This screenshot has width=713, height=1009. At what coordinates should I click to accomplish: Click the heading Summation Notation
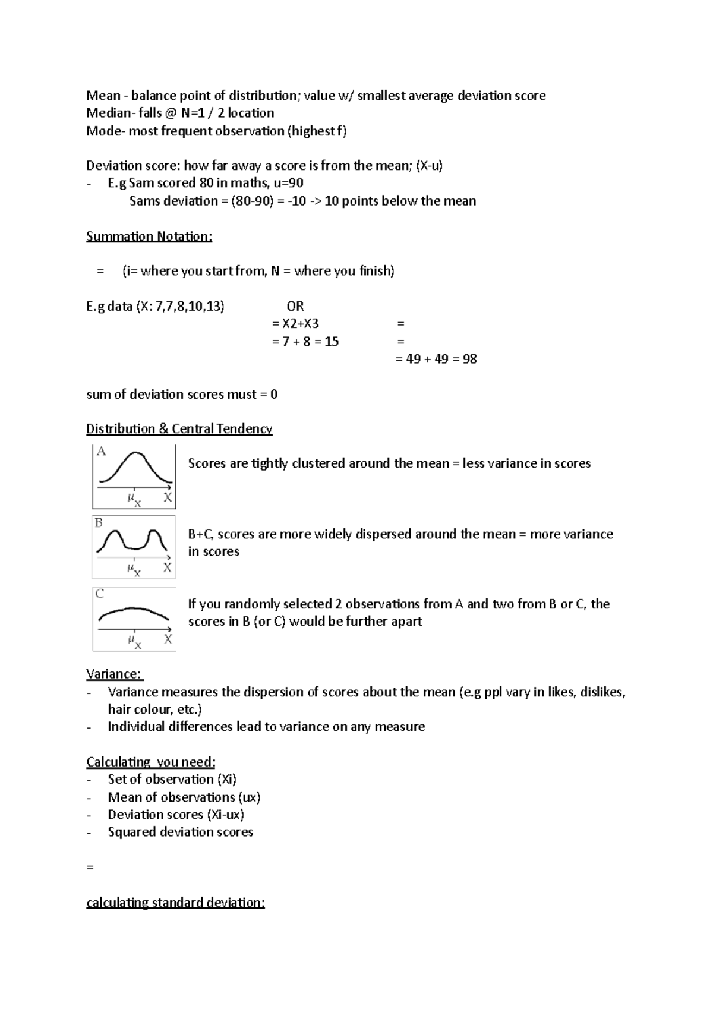pyautogui.click(x=149, y=237)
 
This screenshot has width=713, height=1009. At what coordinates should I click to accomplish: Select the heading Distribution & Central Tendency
pyautogui.click(x=179, y=429)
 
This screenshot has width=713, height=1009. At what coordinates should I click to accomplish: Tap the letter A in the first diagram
pyautogui.click(x=102, y=452)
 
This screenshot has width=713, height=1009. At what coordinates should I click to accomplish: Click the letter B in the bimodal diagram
pyautogui.click(x=99, y=523)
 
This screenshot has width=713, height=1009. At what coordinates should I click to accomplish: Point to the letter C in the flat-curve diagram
pyautogui.click(x=100, y=594)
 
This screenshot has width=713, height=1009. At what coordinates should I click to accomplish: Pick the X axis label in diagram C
pyautogui.click(x=168, y=639)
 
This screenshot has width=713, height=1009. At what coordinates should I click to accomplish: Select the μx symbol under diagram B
pyautogui.click(x=134, y=570)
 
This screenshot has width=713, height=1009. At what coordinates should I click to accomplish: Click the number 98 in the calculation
pyautogui.click(x=469, y=359)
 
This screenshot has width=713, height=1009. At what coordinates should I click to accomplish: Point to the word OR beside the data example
pyautogui.click(x=295, y=307)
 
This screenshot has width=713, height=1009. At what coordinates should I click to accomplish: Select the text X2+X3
pyautogui.click(x=300, y=324)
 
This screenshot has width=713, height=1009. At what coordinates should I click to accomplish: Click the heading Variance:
pyautogui.click(x=114, y=674)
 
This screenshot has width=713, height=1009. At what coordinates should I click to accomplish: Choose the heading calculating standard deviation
pyautogui.click(x=175, y=903)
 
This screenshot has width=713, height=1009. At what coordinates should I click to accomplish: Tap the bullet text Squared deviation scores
pyautogui.click(x=181, y=832)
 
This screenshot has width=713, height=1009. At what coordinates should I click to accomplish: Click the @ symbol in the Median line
pyautogui.click(x=171, y=113)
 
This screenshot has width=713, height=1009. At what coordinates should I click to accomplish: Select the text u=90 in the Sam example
pyautogui.click(x=288, y=183)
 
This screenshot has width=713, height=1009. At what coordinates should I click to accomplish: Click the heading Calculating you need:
pyautogui.click(x=151, y=762)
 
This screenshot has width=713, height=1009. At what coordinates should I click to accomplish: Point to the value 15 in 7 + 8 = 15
pyautogui.click(x=332, y=342)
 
